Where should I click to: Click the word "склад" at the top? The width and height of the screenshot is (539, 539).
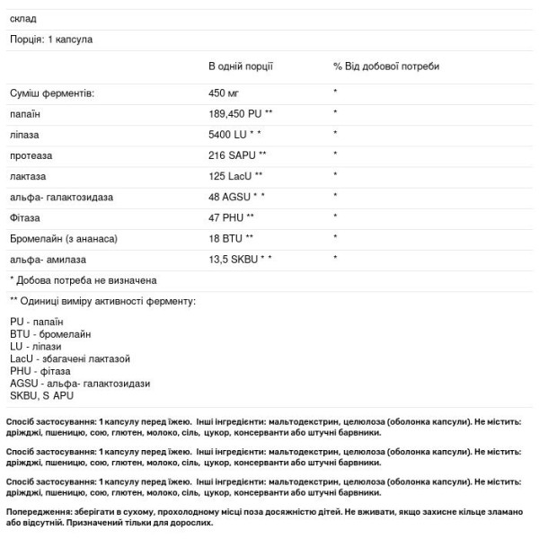coord(24,19)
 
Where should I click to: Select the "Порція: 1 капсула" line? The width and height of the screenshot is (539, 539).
coord(51,40)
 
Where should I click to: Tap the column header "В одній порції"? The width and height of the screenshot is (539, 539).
coord(240,66)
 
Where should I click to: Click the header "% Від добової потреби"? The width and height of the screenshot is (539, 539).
coord(386,66)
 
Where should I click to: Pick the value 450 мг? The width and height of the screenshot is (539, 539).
coord(224,93)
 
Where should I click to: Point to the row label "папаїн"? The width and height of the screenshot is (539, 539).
coord(25,113)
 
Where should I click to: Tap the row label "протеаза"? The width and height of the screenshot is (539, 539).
coord(31,155)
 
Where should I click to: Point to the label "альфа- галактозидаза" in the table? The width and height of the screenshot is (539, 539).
coord(61,196)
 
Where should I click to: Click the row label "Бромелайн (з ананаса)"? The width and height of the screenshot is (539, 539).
coord(64,238)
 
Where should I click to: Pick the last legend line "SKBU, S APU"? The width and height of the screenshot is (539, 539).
coord(41,395)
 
